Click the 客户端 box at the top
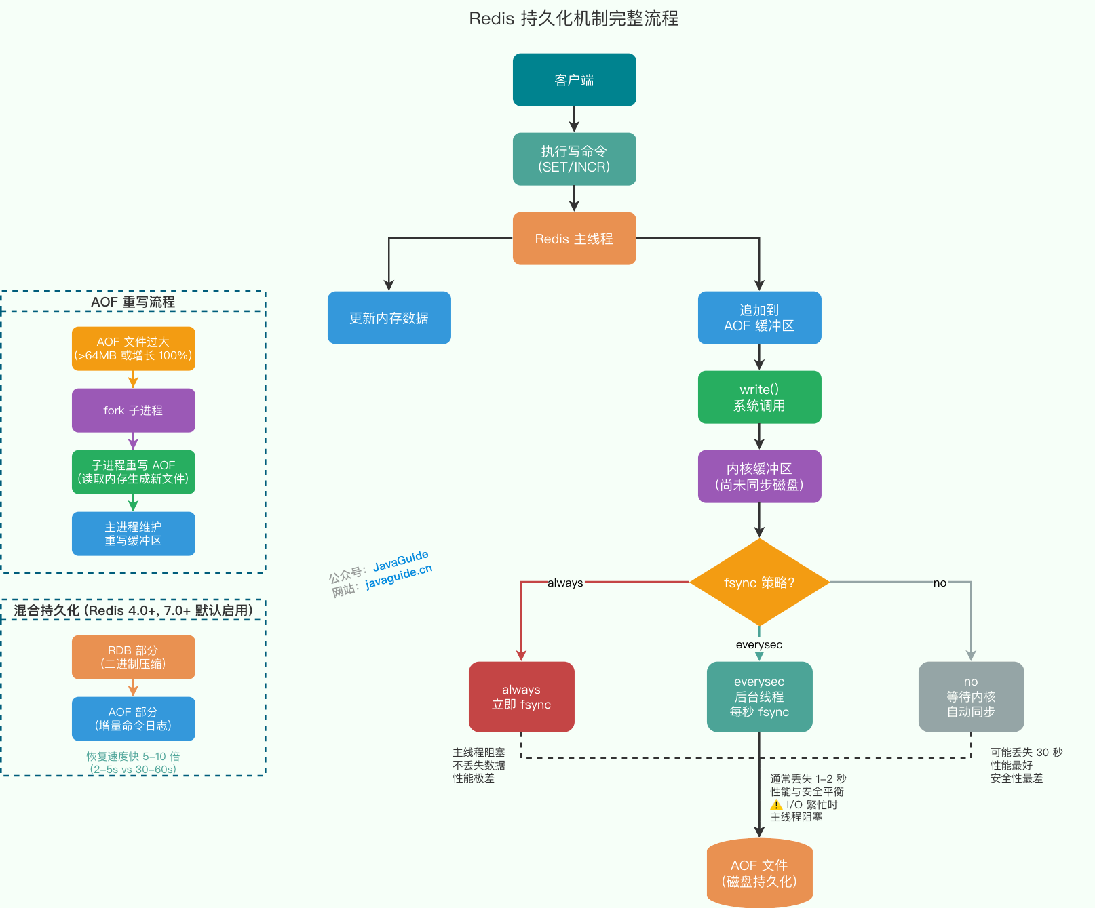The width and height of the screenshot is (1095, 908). click(574, 80)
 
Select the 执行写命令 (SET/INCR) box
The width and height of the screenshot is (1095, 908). click(574, 159)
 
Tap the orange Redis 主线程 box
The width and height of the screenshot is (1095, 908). click(574, 239)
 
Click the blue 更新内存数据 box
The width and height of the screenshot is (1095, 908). click(389, 318)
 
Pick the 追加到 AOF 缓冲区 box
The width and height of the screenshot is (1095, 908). click(759, 318)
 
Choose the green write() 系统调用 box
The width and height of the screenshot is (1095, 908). click(759, 397)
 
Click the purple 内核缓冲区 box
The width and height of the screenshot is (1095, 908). click(759, 477)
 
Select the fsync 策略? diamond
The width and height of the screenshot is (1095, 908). click(759, 583)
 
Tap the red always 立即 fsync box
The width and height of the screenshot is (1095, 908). click(521, 697)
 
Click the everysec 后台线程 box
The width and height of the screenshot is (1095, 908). click(759, 697)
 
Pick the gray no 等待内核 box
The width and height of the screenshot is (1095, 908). click(971, 697)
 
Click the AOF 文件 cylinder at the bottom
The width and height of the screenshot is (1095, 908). click(759, 873)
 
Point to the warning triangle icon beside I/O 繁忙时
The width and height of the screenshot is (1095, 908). click(776, 805)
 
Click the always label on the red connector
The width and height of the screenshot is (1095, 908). click(565, 583)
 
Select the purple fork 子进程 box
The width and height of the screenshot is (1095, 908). click(133, 410)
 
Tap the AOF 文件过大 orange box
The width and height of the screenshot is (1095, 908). click(133, 349)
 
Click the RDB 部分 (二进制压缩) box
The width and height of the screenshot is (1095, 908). click(133, 657)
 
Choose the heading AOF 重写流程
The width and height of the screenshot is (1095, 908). click(133, 302)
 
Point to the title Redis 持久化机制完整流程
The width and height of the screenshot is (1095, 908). click(573, 18)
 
